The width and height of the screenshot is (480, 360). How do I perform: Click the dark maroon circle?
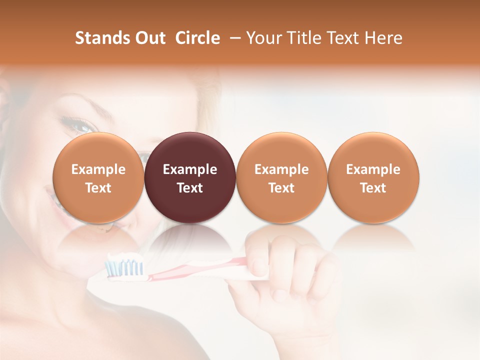190,177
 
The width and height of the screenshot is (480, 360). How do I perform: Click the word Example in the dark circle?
190,169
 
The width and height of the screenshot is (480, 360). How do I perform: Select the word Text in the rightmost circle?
373,188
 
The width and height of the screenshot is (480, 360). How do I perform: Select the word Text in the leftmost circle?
98,188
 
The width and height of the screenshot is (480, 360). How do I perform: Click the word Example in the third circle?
281,169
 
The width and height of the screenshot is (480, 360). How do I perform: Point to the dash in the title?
233,38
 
